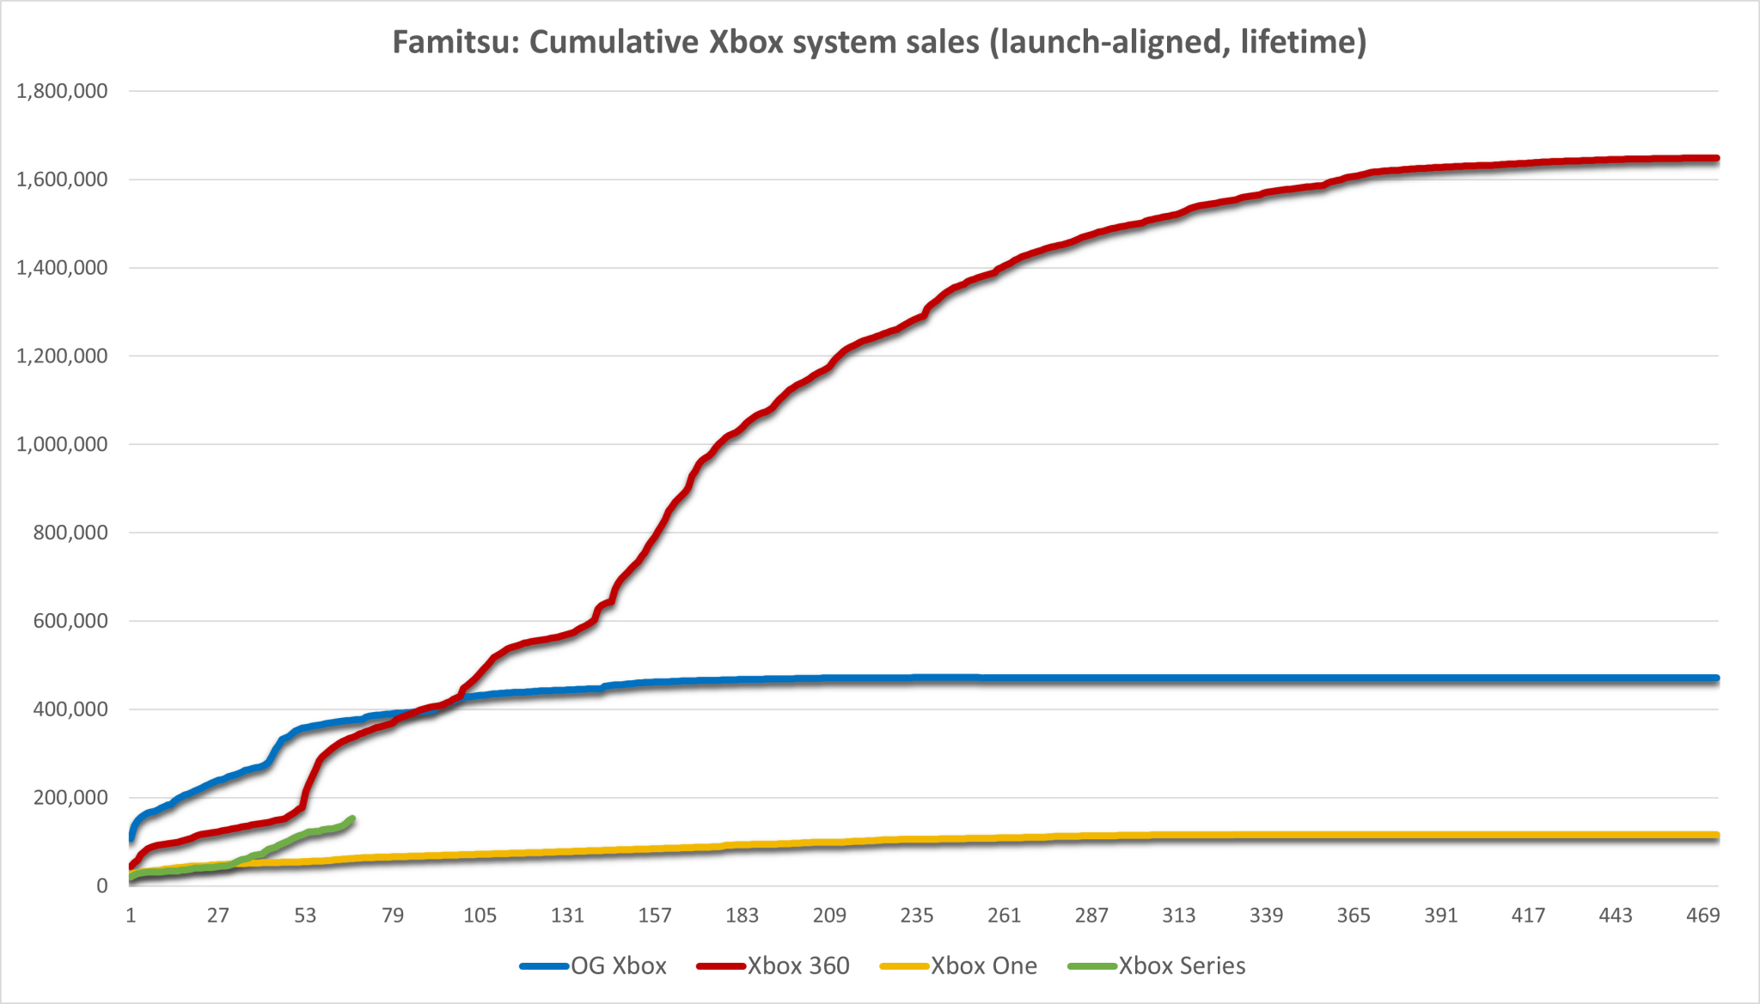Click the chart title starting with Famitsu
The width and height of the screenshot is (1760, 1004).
(x=879, y=41)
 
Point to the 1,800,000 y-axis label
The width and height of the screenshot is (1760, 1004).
(x=62, y=91)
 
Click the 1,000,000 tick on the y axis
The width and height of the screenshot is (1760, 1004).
(x=62, y=444)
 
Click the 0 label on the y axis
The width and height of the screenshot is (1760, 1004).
(x=102, y=886)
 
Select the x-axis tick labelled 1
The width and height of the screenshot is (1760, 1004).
(x=131, y=916)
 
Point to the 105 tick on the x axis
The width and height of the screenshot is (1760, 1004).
(x=480, y=916)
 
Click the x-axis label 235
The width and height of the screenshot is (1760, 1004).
(x=916, y=916)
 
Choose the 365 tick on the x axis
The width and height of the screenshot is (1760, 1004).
(x=1353, y=916)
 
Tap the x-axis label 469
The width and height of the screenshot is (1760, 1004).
(x=1702, y=916)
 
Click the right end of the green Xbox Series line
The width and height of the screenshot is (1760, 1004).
(x=352, y=818)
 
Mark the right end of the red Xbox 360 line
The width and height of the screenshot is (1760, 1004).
(x=1716, y=159)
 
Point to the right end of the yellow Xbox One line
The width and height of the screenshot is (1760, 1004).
(x=1716, y=836)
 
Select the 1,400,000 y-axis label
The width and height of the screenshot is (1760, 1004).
(x=62, y=268)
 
